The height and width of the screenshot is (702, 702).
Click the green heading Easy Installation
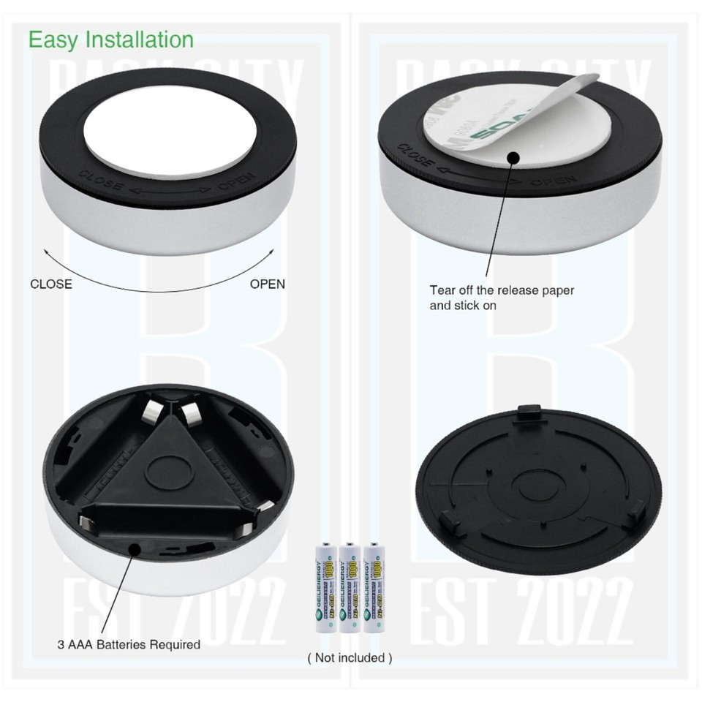point(111,39)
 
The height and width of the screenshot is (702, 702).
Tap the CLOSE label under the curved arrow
point(51,284)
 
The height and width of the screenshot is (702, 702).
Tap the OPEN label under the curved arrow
point(268,284)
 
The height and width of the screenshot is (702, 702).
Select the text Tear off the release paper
point(502,290)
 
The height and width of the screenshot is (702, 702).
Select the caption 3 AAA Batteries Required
point(129,645)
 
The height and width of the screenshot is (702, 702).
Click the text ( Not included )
point(350,657)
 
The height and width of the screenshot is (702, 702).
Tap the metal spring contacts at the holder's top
point(174,409)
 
